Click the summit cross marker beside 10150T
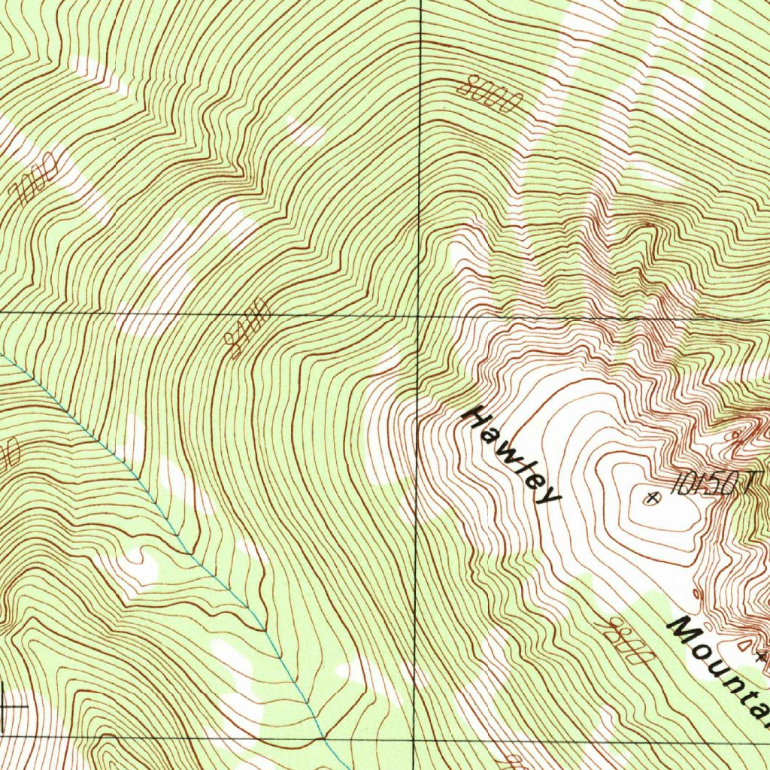click(652, 496)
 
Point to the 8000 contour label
click(489, 93)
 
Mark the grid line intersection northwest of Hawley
click(418, 314)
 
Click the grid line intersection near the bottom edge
click(414, 740)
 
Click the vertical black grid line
click(418, 188)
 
